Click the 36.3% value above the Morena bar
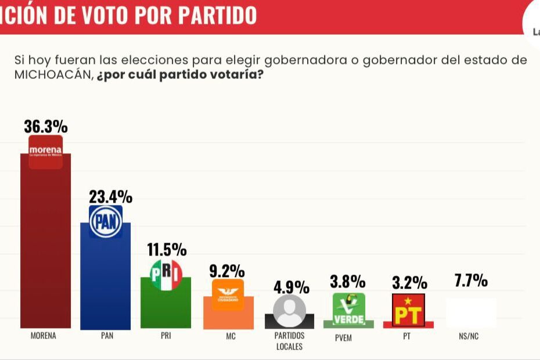46,127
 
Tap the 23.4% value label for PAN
110,197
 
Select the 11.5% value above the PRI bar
167,250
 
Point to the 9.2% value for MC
226,271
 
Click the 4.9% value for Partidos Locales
291,287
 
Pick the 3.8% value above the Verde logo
348,282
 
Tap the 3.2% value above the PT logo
410,283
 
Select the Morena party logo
46,152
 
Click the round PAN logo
106,221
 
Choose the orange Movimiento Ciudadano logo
227,295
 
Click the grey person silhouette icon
289,311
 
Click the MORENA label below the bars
44,336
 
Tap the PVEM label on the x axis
343,338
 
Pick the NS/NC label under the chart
468,336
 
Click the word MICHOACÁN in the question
52,75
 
